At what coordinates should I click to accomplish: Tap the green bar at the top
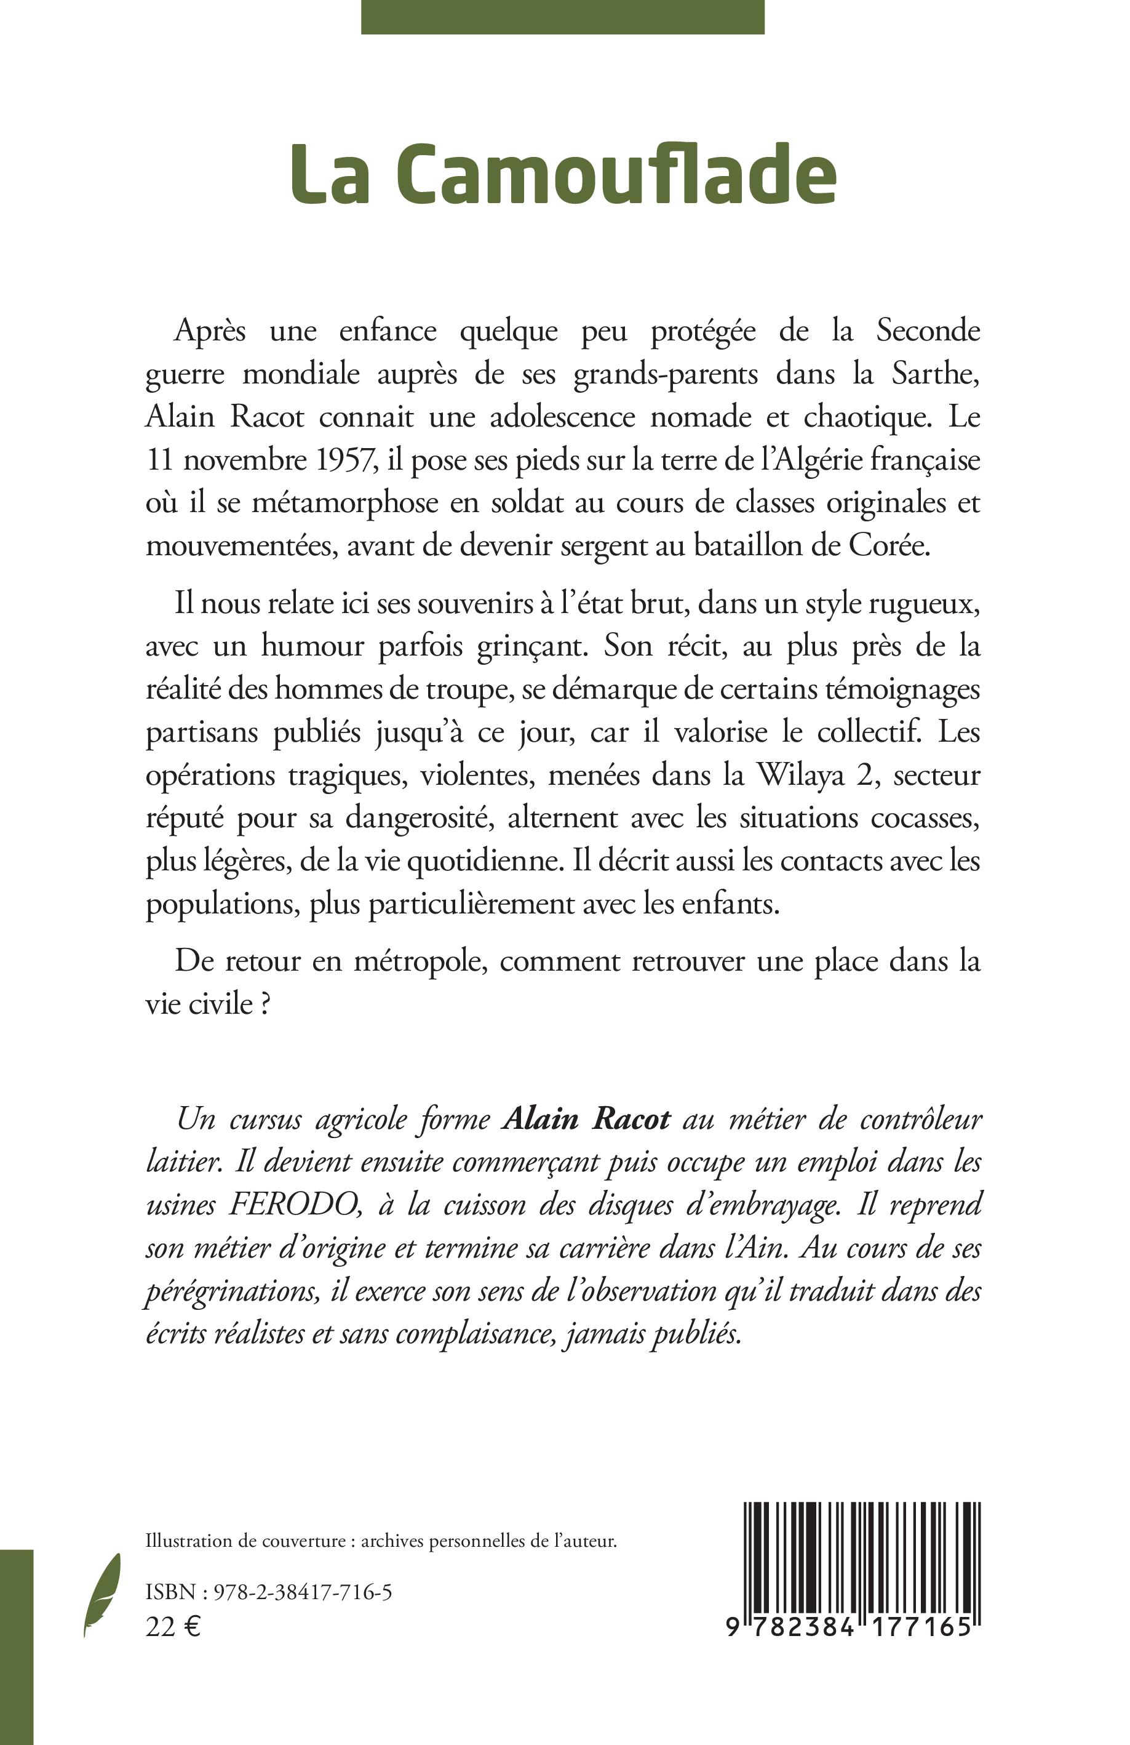(562, 16)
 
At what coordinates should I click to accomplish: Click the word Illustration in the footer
(189, 1541)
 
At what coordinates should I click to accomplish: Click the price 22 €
(173, 1626)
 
